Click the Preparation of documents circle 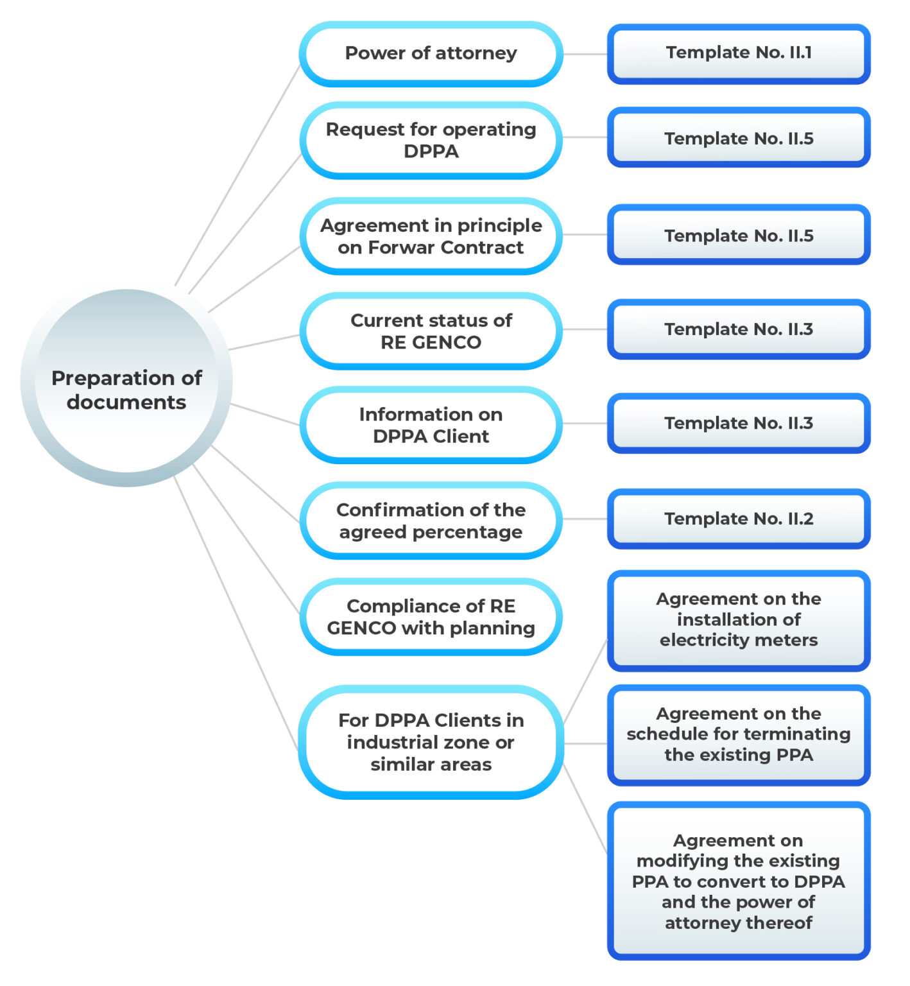click(126, 388)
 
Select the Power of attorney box click(431, 54)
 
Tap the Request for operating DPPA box click(431, 140)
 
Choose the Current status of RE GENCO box click(431, 331)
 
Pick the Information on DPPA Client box click(431, 425)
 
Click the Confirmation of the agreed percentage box click(431, 521)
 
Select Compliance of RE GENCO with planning click(431, 617)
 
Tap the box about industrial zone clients click(431, 742)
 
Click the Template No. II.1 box click(738, 54)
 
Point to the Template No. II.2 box click(738, 519)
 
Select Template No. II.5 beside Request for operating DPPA click(738, 138)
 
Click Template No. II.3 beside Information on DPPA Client click(738, 423)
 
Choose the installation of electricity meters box click(738, 620)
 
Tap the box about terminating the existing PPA click(738, 735)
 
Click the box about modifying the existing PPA click(738, 881)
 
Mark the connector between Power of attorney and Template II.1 click(585, 54)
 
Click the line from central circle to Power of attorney click(237, 173)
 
